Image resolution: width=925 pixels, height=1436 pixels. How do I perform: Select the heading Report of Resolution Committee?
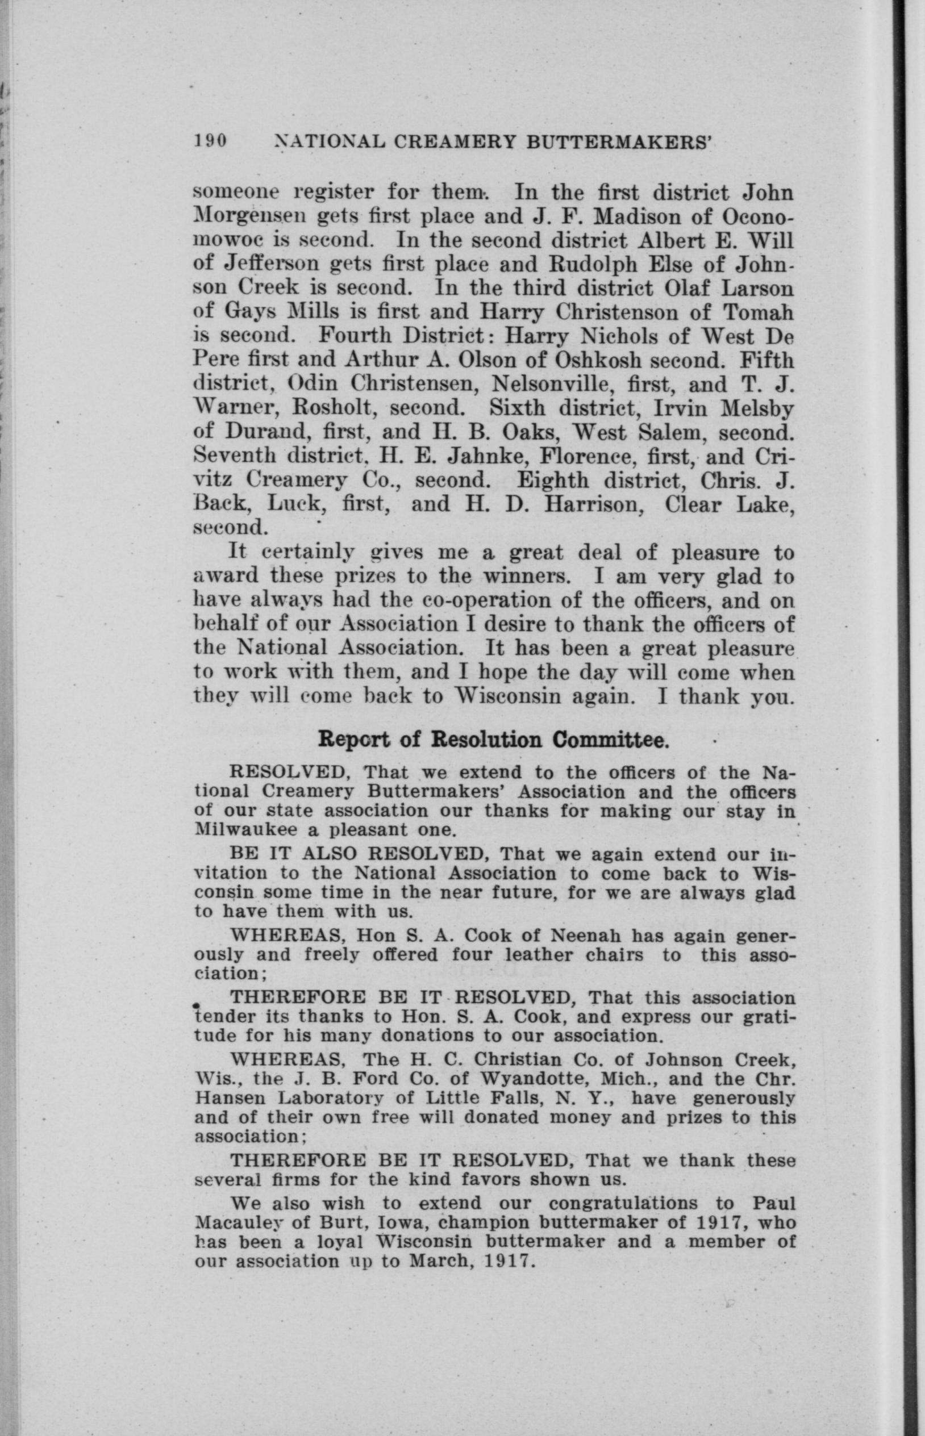[493, 740]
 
